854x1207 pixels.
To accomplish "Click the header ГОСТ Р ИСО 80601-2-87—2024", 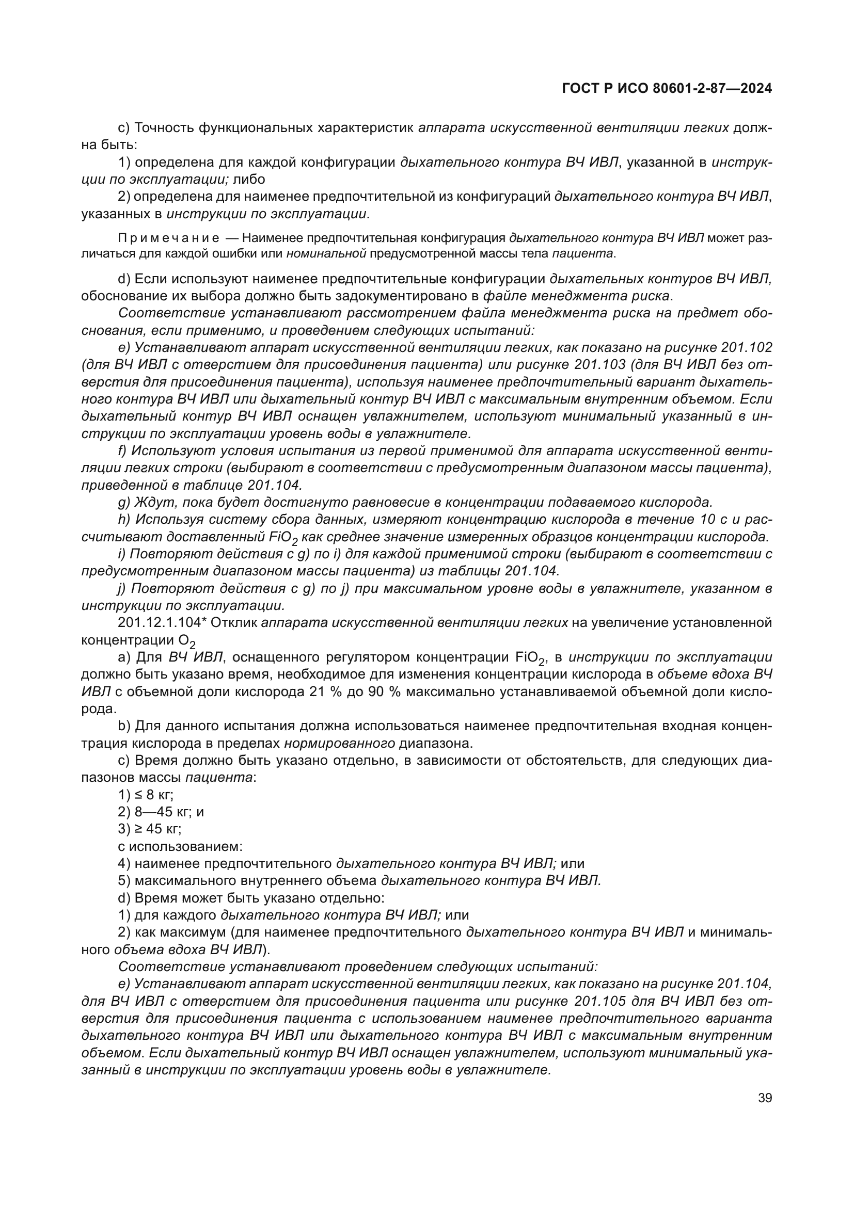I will [x=667, y=88].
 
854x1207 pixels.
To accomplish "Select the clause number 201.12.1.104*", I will [x=160, y=623].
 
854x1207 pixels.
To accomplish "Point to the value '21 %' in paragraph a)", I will [x=319, y=692].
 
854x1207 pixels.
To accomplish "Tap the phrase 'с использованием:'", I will [x=180, y=846].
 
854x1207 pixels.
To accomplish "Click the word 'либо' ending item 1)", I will [x=249, y=179].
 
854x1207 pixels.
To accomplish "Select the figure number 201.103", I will [x=600, y=365].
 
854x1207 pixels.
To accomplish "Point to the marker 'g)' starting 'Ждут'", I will [x=124, y=502].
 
